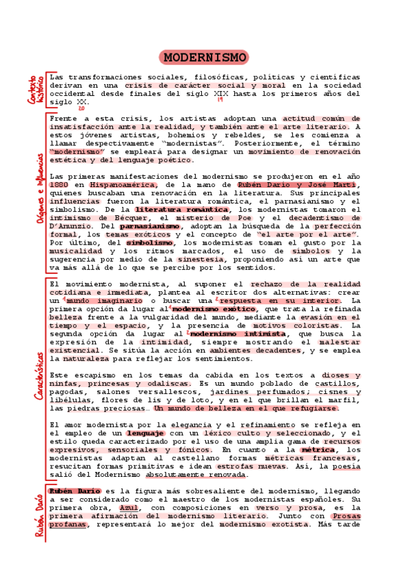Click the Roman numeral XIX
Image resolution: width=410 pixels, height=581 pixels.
tap(220, 94)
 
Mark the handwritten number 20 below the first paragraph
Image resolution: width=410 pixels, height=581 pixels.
tap(81, 109)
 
